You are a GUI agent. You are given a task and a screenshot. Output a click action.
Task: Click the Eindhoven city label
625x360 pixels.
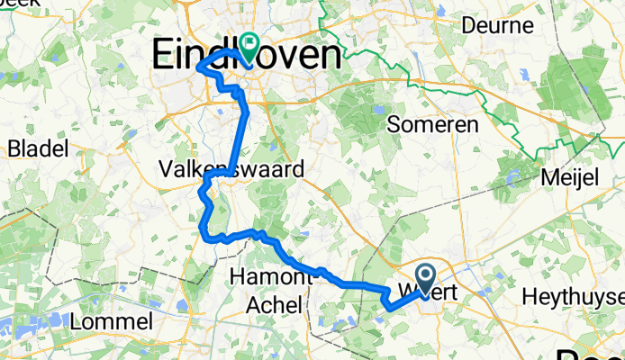click(248, 56)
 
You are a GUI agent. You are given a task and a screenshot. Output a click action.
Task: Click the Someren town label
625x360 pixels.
click(432, 125)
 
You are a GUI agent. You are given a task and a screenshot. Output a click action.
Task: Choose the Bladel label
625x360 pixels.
click(37, 148)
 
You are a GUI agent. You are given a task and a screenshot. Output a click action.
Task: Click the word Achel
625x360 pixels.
click(276, 305)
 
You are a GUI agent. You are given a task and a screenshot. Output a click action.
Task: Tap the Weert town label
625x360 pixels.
click(430, 293)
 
